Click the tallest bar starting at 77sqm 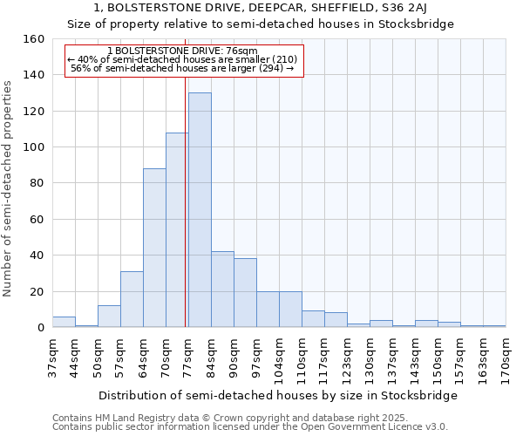(x=200, y=210)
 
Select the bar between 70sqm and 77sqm (x=177, y=230)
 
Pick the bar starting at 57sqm (x=132, y=299)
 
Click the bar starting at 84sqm (x=222, y=290)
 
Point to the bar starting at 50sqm (x=109, y=317)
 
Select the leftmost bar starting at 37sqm (x=64, y=322)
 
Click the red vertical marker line (x=186, y=201)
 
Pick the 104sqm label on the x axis (x=279, y=358)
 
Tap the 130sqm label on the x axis (x=370, y=358)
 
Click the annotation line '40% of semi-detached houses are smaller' (x=182, y=59)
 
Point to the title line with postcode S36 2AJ (x=261, y=8)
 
